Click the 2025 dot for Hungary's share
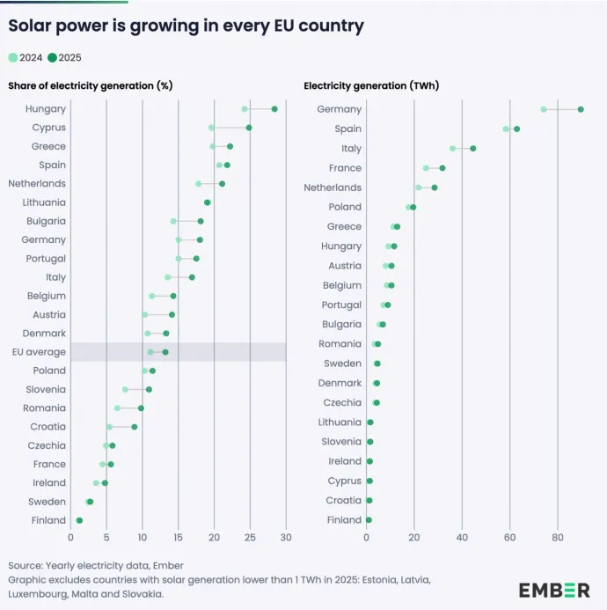click(274, 109)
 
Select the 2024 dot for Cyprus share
click(212, 128)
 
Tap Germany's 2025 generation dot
click(581, 109)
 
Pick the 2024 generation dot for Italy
click(453, 149)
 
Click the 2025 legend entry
click(65, 57)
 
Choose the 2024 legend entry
click(26, 57)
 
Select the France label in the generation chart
click(345, 168)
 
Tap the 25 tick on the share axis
click(250, 536)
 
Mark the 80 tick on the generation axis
click(558, 536)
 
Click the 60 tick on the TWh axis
click(510, 536)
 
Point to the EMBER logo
click(554, 589)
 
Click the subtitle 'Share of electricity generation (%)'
click(90, 85)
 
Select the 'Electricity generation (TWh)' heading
click(371, 85)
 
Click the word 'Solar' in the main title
click(33, 26)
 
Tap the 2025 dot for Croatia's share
click(135, 427)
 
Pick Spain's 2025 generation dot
click(516, 129)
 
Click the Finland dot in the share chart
click(80, 520)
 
